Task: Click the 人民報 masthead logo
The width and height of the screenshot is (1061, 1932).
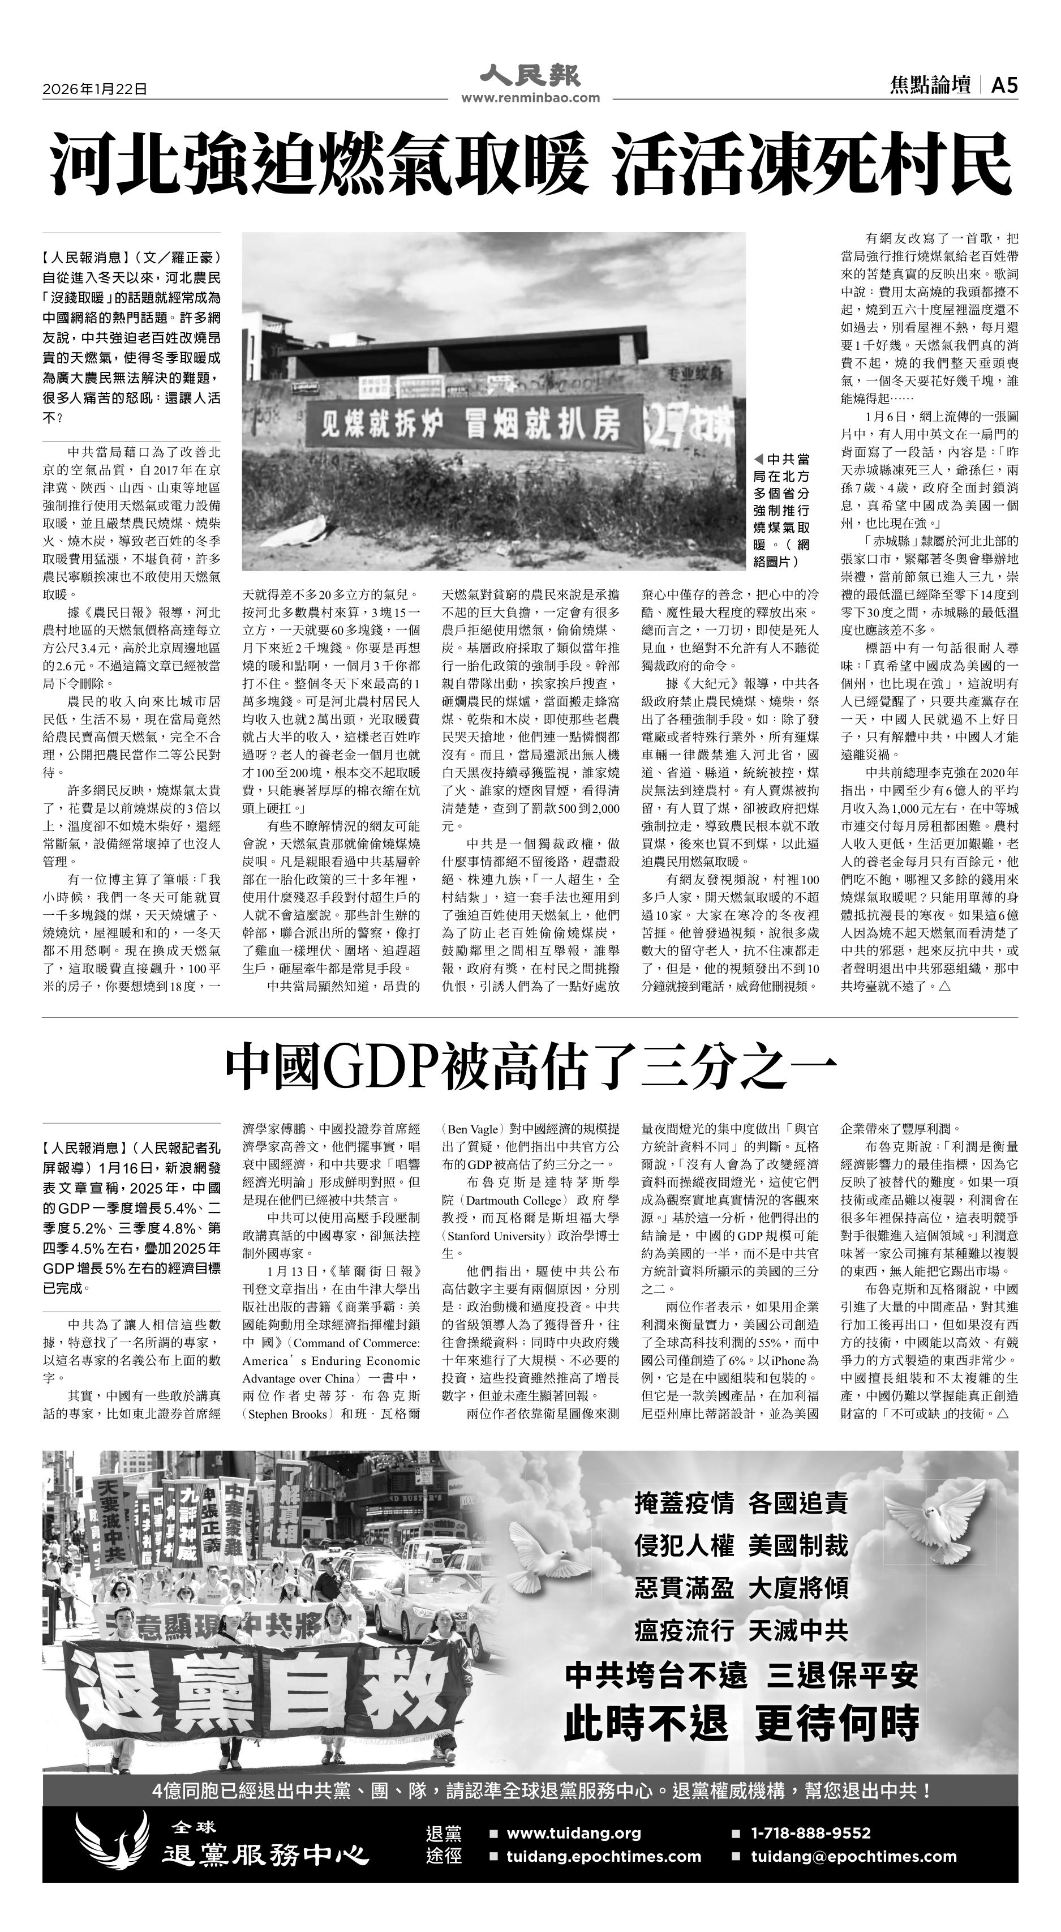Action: pos(530,76)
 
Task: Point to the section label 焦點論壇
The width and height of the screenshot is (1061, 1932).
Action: pos(930,86)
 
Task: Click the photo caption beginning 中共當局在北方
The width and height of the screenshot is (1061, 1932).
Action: pos(781,510)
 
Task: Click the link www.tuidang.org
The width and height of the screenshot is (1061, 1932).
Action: pos(574,1833)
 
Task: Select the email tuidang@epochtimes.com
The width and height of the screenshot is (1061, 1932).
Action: pos(854,1856)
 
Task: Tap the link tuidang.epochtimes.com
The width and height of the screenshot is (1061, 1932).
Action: pos(604,1856)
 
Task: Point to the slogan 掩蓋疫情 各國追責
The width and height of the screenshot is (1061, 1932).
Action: pos(741,1503)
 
